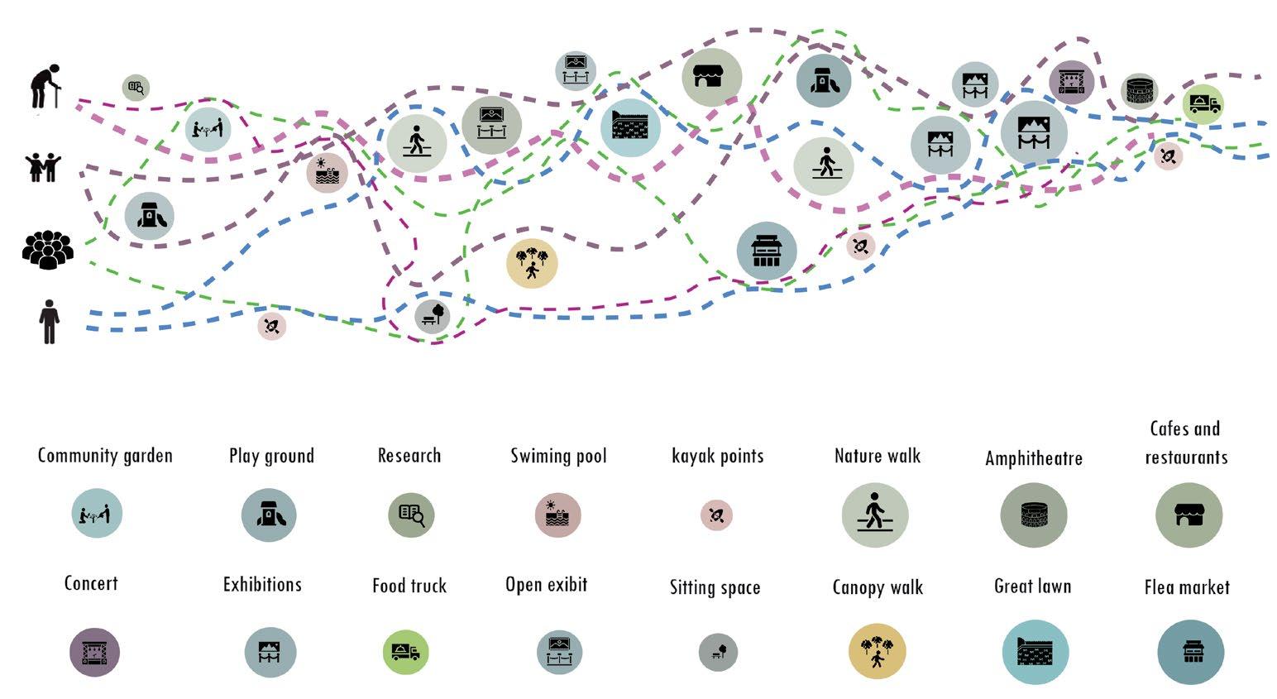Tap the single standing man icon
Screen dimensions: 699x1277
(x=50, y=321)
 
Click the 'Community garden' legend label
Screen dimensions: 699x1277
(x=105, y=455)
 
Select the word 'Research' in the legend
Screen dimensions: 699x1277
(x=409, y=455)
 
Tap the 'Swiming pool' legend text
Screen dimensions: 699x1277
(x=558, y=455)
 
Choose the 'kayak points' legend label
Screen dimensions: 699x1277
(x=717, y=455)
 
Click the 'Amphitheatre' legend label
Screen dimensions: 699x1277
(x=1033, y=457)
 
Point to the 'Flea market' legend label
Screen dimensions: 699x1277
(x=1186, y=587)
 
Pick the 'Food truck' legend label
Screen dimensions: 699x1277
(x=409, y=586)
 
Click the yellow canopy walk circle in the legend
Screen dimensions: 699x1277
(x=877, y=651)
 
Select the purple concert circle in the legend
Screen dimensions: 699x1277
(x=94, y=652)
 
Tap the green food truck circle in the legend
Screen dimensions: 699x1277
(x=405, y=651)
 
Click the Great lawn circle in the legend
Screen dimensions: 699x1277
(x=1035, y=652)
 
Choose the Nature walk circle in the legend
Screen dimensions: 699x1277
(x=874, y=515)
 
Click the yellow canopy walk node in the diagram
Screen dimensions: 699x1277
(x=532, y=263)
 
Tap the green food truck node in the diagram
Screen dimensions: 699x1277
(x=1203, y=104)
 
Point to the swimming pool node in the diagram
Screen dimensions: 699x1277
(x=328, y=173)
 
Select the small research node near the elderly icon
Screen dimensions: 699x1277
(x=136, y=87)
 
